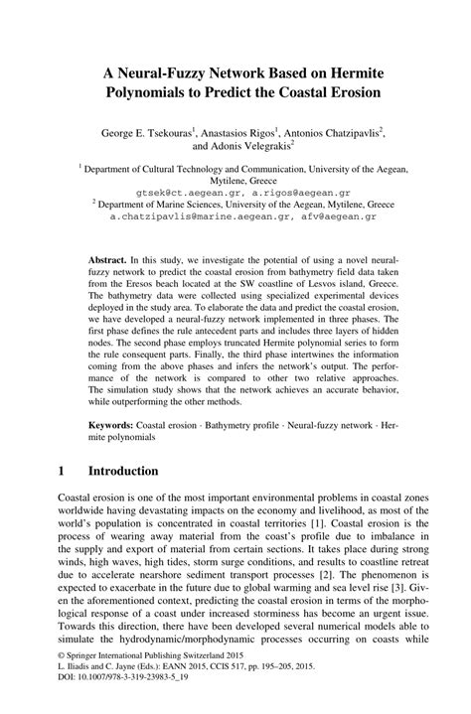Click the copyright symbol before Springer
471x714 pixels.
point(64,681)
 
